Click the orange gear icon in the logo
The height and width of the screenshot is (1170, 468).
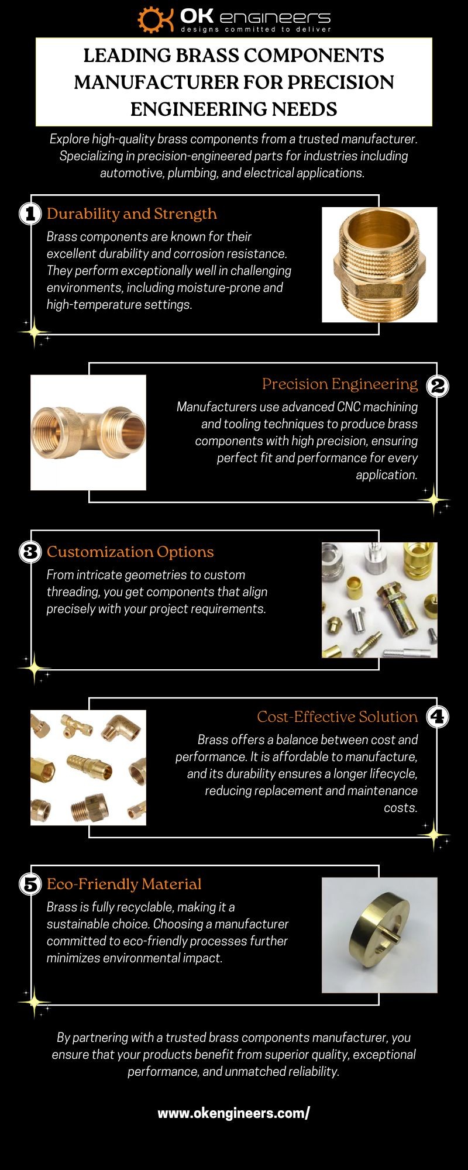coord(151,20)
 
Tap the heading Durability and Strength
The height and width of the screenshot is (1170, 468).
coord(132,214)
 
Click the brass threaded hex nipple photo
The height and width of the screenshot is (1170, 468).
coord(380,264)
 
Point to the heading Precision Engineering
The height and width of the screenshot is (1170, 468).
coord(340,384)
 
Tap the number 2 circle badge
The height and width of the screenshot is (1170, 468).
coord(438,385)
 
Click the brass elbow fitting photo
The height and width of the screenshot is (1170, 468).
coord(88,432)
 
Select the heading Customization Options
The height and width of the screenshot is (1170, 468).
coord(130,552)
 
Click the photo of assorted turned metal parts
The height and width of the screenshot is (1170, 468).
coord(380,600)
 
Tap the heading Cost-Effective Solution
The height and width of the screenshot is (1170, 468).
coord(338,717)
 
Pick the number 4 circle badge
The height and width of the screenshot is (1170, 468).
coord(438,717)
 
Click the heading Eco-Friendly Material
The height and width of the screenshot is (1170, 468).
coord(124,884)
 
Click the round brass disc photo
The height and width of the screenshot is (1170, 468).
coord(380,935)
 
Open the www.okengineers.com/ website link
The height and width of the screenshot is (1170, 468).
coord(233,1113)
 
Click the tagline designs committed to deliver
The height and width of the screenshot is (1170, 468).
coord(256,29)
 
